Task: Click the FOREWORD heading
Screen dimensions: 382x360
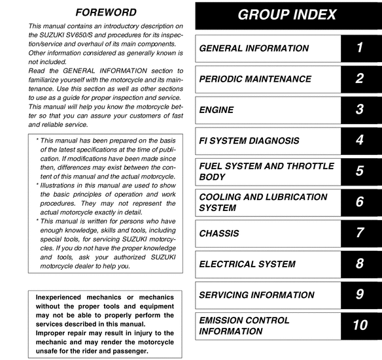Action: pos(106,12)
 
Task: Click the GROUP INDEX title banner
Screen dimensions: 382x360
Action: pos(288,15)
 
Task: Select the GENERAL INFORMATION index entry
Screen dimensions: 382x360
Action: pos(254,48)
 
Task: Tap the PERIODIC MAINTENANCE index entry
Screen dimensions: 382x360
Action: pos(255,79)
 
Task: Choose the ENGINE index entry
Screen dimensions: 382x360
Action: pos(217,110)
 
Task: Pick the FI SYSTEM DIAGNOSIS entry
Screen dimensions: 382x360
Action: pos(249,140)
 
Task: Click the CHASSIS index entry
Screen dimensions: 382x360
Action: pos(219,233)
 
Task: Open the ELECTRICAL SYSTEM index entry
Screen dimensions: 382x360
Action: pos(247,264)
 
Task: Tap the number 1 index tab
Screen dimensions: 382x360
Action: pos(360,48)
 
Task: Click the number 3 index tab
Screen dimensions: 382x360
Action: pos(360,110)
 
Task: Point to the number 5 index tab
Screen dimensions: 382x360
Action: pos(360,171)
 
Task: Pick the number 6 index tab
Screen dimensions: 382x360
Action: pos(360,202)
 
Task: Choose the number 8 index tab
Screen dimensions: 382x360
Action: pos(360,264)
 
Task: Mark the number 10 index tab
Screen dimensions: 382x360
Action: pos(360,325)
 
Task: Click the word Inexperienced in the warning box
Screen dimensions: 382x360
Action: pos(65,297)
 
